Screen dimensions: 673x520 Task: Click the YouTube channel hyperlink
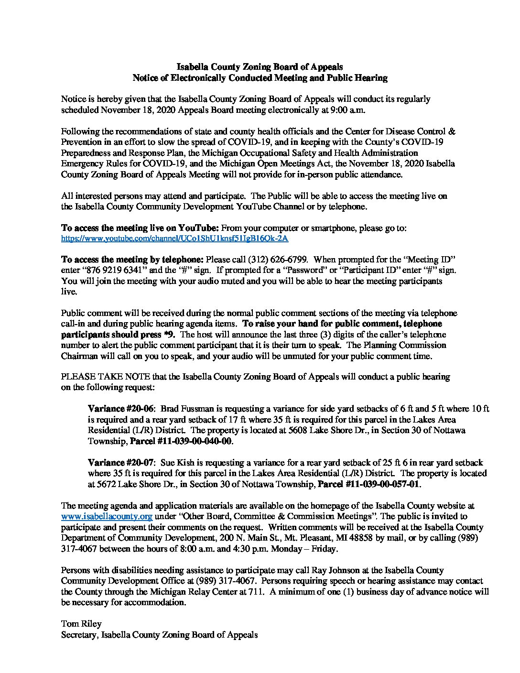175,238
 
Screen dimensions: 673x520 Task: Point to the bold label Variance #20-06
122,409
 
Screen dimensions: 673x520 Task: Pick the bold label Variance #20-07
122,463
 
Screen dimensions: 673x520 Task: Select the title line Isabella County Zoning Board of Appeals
260,67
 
